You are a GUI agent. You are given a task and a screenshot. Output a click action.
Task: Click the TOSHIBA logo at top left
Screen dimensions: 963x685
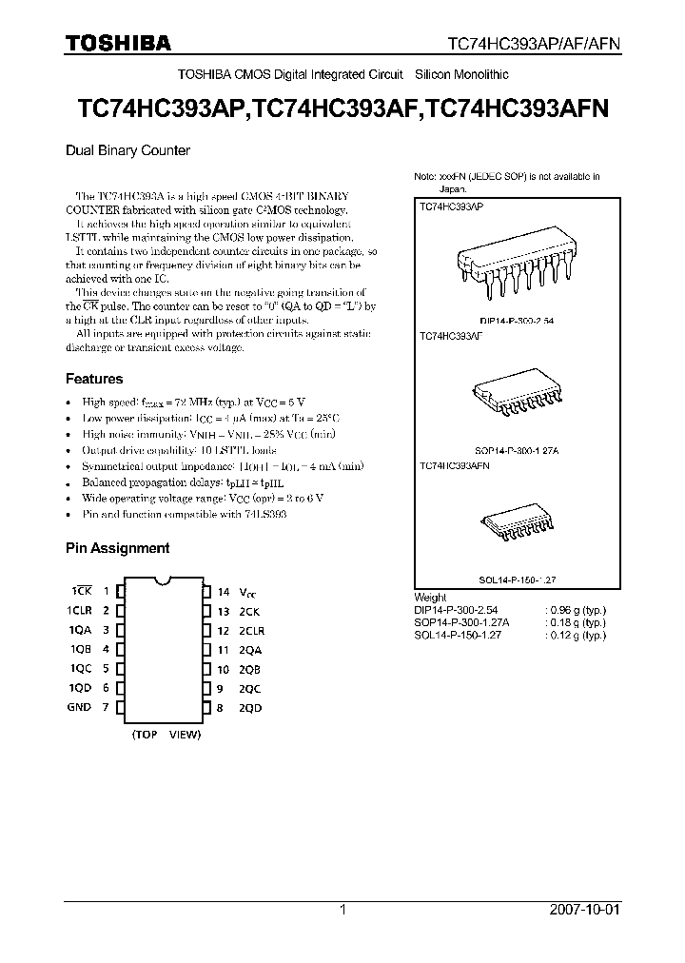click(x=118, y=43)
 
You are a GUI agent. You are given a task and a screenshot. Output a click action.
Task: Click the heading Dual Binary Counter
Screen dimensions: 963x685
click(x=127, y=150)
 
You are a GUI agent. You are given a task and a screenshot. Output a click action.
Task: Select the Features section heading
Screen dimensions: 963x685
click(x=94, y=379)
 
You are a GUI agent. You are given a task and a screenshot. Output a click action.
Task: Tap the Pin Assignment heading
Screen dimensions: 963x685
click(x=117, y=548)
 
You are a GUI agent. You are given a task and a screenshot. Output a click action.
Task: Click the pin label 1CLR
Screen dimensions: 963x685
click(x=79, y=610)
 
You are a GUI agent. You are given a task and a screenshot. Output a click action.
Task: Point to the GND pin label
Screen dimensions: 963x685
click(x=79, y=707)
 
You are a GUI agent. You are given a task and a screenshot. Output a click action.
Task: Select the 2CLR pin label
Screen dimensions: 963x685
click(x=252, y=630)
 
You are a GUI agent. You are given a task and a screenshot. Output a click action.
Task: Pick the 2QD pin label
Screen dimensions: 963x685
click(x=250, y=708)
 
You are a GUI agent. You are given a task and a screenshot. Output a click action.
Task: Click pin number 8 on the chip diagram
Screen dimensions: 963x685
click(x=221, y=708)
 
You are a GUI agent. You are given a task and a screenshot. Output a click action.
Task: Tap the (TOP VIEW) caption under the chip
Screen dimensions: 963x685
click(x=166, y=735)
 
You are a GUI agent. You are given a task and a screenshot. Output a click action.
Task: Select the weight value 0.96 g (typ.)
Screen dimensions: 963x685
click(x=575, y=609)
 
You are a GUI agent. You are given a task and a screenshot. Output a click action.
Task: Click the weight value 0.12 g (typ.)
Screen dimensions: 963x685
click(x=575, y=635)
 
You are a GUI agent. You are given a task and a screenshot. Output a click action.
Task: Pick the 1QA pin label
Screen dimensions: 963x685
click(x=79, y=630)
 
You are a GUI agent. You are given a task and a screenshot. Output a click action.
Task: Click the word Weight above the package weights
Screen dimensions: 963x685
click(x=430, y=597)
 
